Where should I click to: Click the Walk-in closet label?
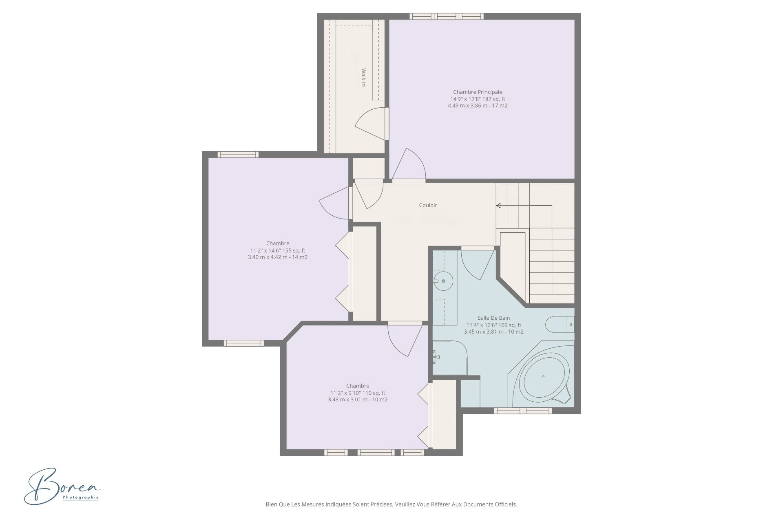point(363,77)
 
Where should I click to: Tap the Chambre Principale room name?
point(478,92)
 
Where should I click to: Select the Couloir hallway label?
point(428,205)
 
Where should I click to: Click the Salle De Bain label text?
point(493,318)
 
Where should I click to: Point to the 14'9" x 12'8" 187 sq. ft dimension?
point(478,99)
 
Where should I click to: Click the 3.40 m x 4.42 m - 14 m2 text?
point(278,257)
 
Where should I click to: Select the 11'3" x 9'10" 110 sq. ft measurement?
point(358,393)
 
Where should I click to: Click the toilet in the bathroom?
point(560,325)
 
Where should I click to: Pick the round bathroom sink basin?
point(443,281)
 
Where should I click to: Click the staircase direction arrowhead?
point(498,206)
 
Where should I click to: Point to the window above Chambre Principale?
point(447,16)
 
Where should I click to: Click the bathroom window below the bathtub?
point(523,411)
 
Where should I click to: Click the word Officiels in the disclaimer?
point(506,504)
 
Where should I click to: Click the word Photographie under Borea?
point(81,498)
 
